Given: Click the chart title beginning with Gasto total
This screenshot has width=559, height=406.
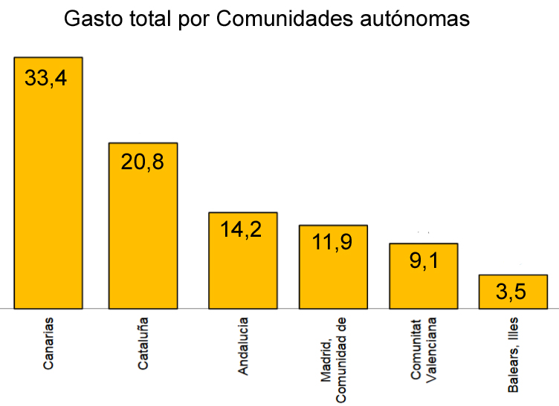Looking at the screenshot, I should pyautogui.click(x=266, y=19).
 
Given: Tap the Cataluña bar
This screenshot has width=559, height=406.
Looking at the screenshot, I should pyautogui.click(x=143, y=238).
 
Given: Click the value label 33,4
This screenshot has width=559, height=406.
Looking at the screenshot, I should pyautogui.click(x=46, y=78).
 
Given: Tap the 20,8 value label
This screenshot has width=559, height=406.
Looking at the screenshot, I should pyautogui.click(x=142, y=163).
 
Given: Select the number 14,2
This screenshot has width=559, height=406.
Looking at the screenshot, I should pyautogui.click(x=242, y=229).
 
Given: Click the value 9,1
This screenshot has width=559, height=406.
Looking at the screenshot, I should pyautogui.click(x=422, y=261).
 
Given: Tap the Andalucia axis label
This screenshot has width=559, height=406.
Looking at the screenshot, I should pyautogui.click(x=242, y=346).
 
